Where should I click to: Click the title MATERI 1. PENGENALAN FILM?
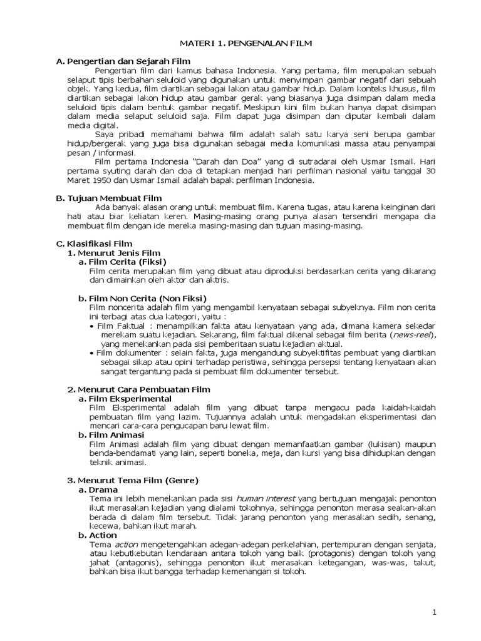[241, 43]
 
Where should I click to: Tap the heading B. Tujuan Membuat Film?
[109, 198]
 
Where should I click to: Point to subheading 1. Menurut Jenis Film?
[114, 252]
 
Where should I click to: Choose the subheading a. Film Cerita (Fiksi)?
[122, 262]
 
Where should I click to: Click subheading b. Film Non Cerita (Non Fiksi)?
[142, 298]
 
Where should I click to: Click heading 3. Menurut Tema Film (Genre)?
[132, 480]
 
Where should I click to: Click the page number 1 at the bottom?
[433, 612]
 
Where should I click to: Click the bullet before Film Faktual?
[93, 326]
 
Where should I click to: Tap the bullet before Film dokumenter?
[93, 353]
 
